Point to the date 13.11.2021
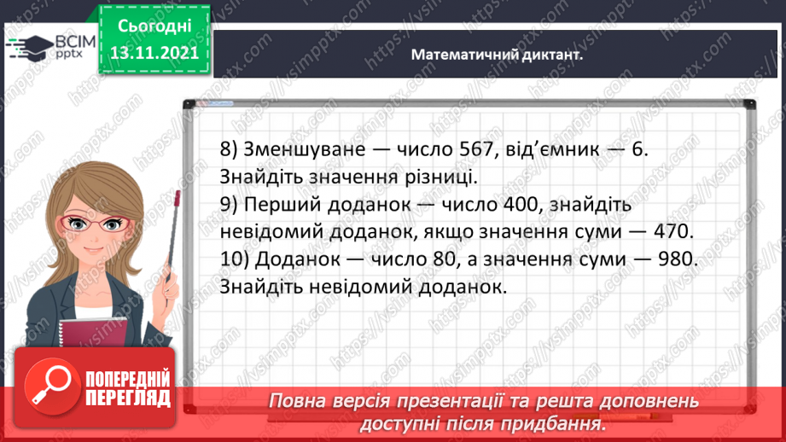point(154,52)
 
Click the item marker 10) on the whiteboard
point(232,259)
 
